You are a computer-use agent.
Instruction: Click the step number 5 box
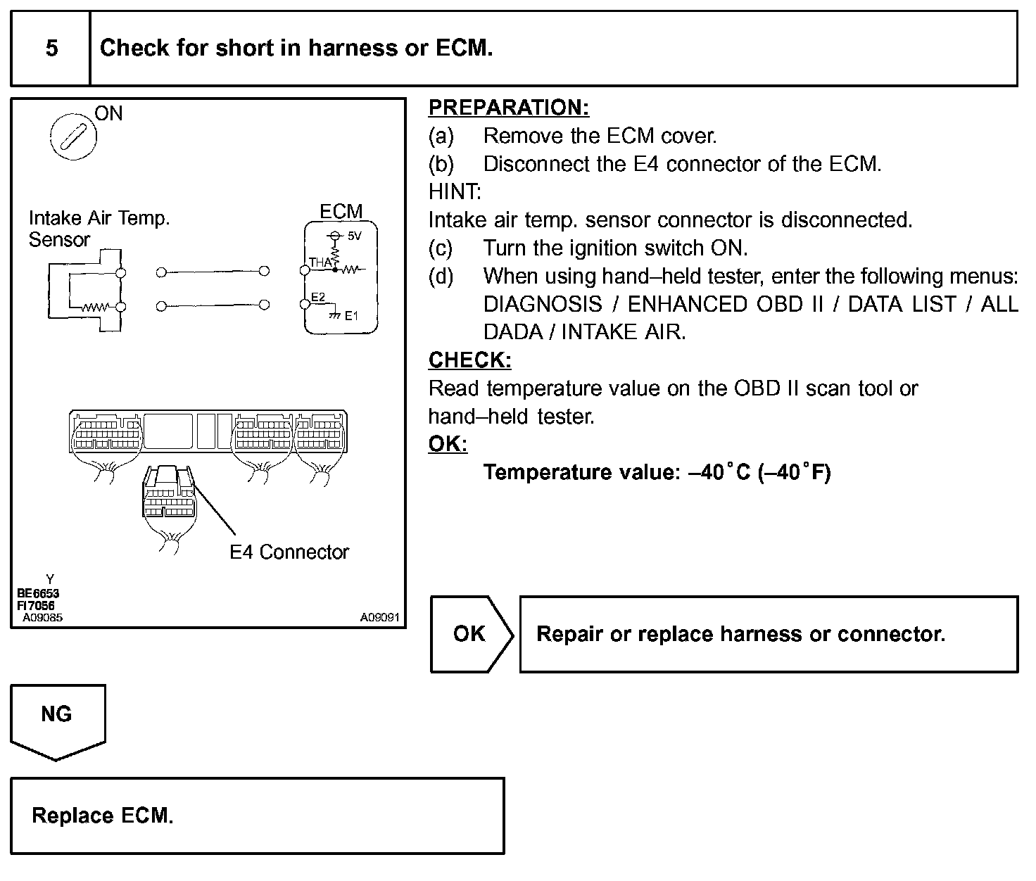point(51,48)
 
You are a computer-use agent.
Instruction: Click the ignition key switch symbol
point(72,135)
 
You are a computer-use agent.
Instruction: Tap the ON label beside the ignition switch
point(108,113)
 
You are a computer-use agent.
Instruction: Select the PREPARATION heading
point(508,108)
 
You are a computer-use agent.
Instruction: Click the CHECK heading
point(469,360)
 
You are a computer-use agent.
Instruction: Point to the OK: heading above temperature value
point(448,444)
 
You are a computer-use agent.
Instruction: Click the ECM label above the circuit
point(341,211)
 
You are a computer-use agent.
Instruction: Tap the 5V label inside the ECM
point(354,236)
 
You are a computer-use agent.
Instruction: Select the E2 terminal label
point(318,298)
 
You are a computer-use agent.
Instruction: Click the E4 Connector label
point(289,552)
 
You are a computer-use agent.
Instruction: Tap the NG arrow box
point(57,715)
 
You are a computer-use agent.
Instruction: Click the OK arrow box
point(469,634)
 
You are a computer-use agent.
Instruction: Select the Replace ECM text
point(103,816)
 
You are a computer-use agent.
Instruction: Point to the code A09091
point(379,617)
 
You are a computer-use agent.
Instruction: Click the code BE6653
point(38,593)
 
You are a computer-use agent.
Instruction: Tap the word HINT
point(455,191)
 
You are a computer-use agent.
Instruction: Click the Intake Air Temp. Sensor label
point(99,229)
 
